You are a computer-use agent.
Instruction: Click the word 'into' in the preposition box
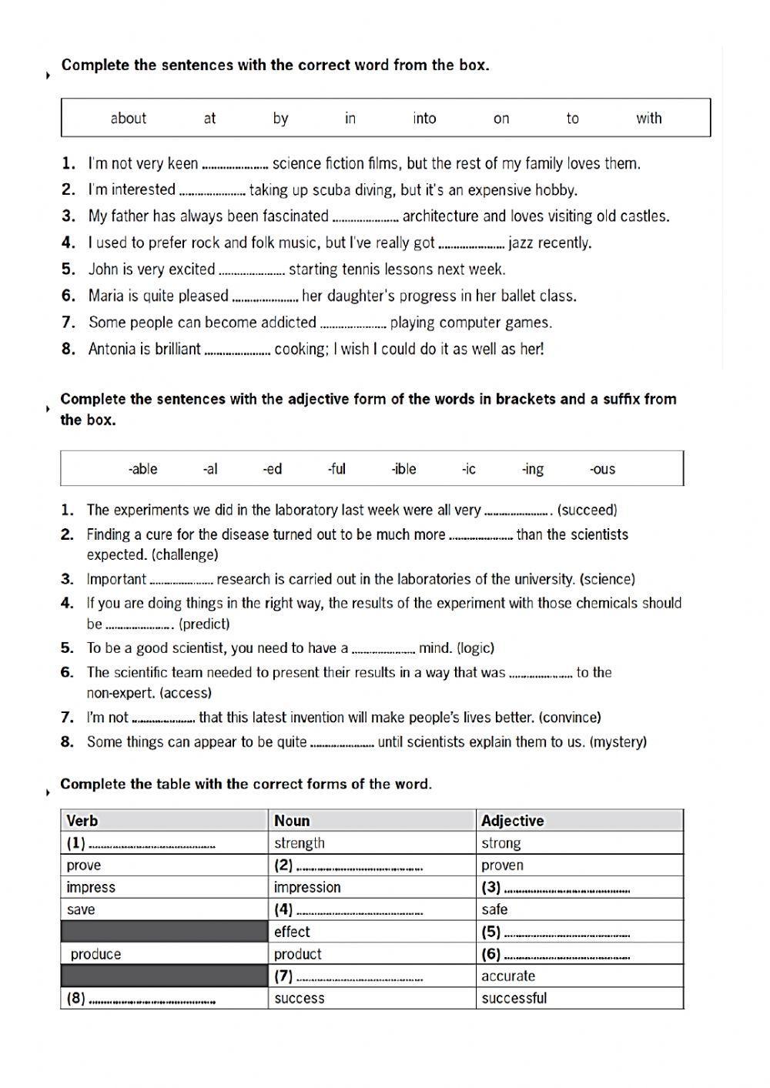click(x=424, y=118)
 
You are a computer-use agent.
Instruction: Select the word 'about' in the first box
click(x=128, y=118)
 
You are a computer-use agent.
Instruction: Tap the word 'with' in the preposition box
click(x=648, y=118)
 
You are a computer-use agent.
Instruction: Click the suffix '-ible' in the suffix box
click(x=403, y=469)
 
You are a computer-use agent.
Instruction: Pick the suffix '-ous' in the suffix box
click(x=602, y=469)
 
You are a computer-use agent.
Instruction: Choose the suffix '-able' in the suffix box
click(x=142, y=469)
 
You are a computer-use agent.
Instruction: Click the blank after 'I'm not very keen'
click(x=235, y=165)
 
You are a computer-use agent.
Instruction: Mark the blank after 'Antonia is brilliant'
click(x=237, y=350)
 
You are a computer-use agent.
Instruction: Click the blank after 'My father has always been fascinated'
click(x=365, y=218)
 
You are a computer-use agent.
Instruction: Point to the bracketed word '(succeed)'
click(x=587, y=510)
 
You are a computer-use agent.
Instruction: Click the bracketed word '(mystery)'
click(x=618, y=742)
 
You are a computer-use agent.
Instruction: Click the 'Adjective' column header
click(x=512, y=821)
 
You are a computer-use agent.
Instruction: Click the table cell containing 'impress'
click(x=164, y=887)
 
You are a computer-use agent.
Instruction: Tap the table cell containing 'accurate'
click(x=579, y=976)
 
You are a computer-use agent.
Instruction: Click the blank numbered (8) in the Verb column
click(x=152, y=1000)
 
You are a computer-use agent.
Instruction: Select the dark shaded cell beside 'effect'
click(x=164, y=932)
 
